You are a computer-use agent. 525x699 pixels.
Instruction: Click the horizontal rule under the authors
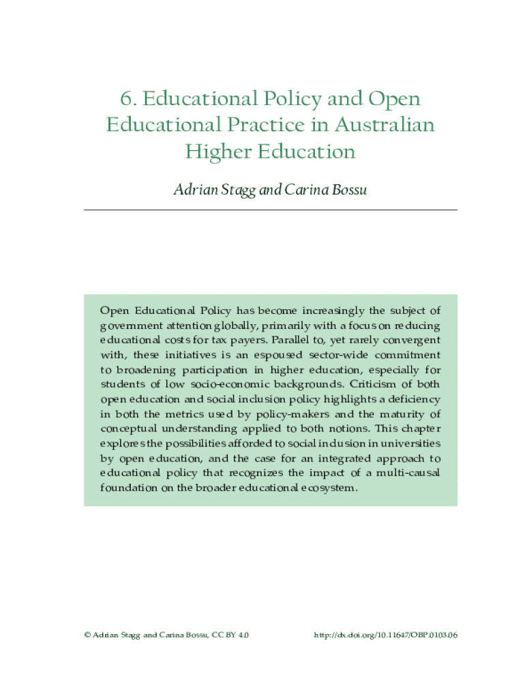270,210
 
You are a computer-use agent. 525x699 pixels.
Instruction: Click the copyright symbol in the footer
87,635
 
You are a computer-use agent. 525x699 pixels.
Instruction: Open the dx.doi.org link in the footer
385,635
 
